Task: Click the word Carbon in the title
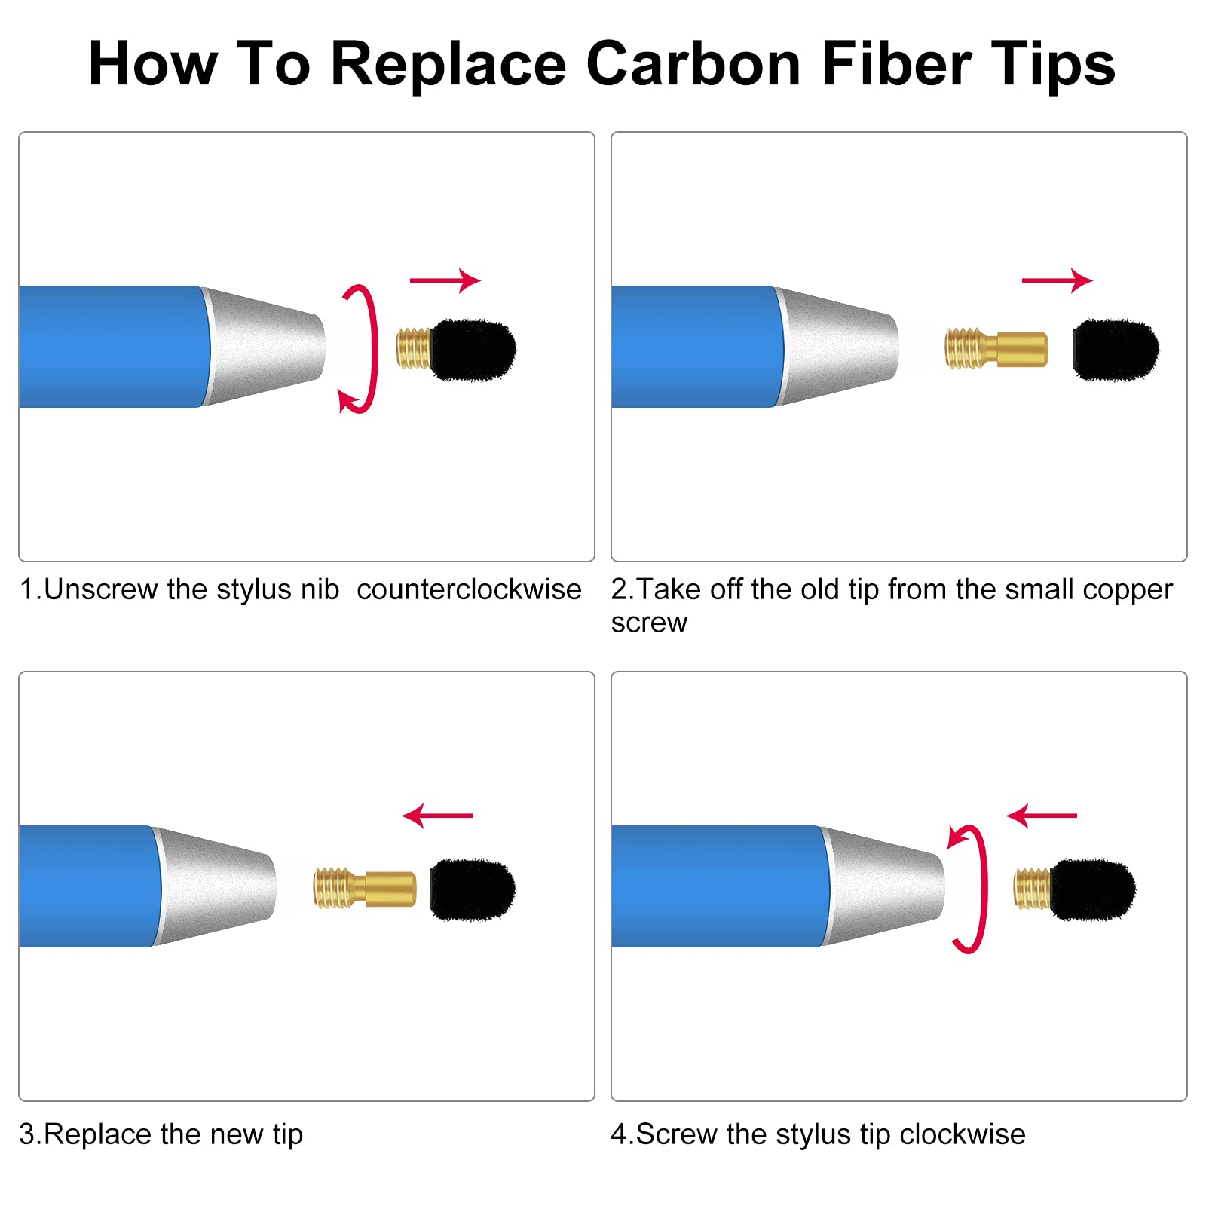pyautogui.click(x=693, y=64)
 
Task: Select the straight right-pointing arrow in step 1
pyautogui.click(x=445, y=280)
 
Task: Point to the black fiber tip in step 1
pyautogui.click(x=473, y=350)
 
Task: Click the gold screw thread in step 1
pyautogui.click(x=414, y=348)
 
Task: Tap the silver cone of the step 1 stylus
pyautogui.click(x=264, y=347)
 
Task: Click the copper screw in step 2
pyautogui.click(x=996, y=348)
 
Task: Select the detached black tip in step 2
pyautogui.click(x=1116, y=350)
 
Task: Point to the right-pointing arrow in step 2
pyautogui.click(x=1057, y=280)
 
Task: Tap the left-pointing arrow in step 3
pyautogui.click(x=437, y=816)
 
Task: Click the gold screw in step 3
pyautogui.click(x=365, y=888)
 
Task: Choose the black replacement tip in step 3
pyautogui.click(x=473, y=889)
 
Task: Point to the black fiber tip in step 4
pyautogui.click(x=1093, y=889)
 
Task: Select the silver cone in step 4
pyautogui.click(x=883, y=886)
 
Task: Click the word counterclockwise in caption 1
pyautogui.click(x=469, y=589)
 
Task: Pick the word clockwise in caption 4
pyautogui.click(x=962, y=1134)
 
